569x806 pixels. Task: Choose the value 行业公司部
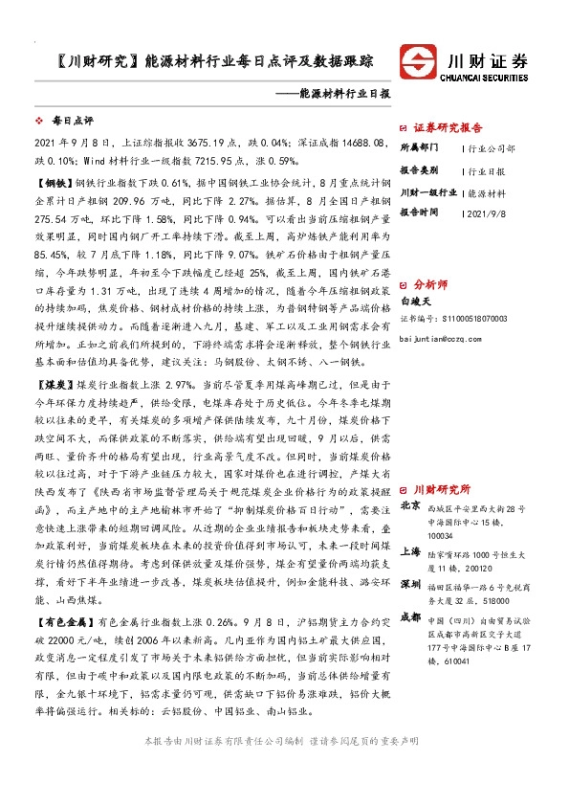[492, 149]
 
